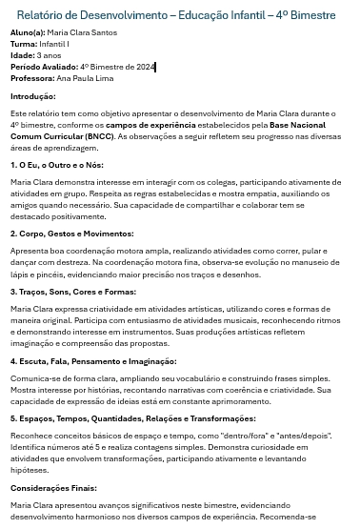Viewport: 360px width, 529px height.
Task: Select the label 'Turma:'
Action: point(24,45)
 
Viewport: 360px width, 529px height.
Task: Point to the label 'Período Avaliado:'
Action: point(44,67)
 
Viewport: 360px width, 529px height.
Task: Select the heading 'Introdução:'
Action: point(33,96)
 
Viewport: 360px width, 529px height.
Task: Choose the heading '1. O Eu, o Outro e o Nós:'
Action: point(56,164)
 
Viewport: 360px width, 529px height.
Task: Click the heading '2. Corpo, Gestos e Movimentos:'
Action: point(71,233)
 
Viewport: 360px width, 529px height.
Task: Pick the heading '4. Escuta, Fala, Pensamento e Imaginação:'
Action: point(92,361)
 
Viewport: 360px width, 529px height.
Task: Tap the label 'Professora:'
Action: point(32,77)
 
